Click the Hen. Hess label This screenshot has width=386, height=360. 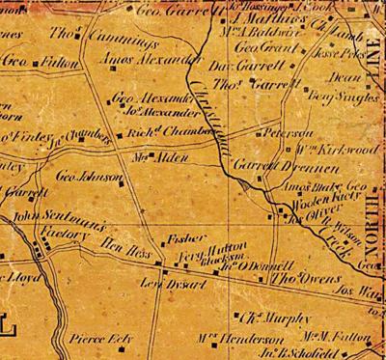click(x=124, y=247)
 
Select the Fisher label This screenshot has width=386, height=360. click(x=183, y=236)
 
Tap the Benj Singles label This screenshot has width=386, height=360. click(x=333, y=97)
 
